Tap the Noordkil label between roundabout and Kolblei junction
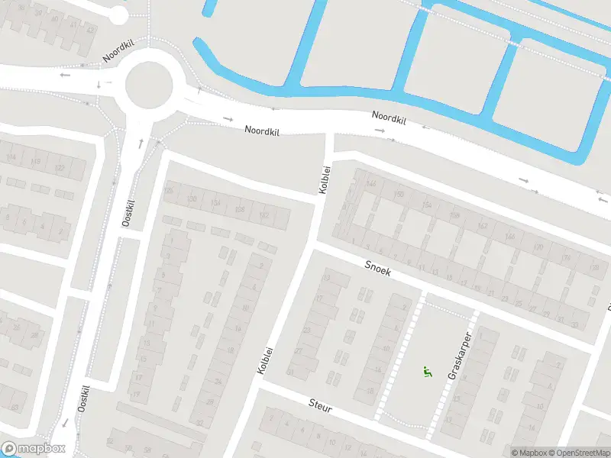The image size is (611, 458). [262, 131]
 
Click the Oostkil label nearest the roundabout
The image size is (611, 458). [128, 212]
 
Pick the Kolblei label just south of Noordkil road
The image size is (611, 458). [325, 179]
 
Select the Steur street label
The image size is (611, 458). [321, 405]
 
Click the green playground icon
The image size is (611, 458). [426, 372]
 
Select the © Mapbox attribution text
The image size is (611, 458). [529, 453]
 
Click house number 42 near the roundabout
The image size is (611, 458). [91, 30]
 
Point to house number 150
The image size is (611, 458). [398, 195]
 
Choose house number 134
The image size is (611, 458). [216, 203]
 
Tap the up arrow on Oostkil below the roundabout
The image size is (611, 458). [141, 143]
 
